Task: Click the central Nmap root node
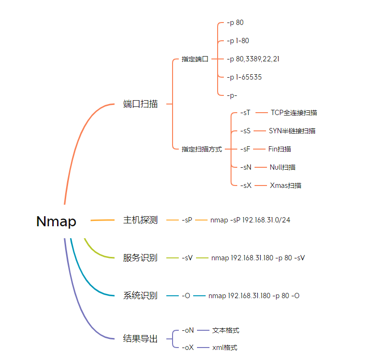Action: point(56,221)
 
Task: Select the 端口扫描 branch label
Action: point(140,104)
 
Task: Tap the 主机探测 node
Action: point(140,220)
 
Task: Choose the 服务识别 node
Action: point(140,258)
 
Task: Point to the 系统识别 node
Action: point(140,296)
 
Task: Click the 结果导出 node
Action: point(140,339)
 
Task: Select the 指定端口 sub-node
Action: point(195,59)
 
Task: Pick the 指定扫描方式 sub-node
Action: point(202,149)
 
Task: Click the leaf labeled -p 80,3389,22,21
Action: point(253,59)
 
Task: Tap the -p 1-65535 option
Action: point(244,77)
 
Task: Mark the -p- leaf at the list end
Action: point(232,95)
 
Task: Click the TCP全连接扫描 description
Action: point(294,113)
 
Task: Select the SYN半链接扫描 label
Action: point(292,131)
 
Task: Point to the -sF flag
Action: point(245,149)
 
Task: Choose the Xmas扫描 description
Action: point(286,186)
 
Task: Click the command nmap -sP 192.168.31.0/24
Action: point(250,220)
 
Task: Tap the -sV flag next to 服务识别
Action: point(187,258)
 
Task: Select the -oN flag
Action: point(187,330)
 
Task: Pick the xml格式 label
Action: point(225,348)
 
